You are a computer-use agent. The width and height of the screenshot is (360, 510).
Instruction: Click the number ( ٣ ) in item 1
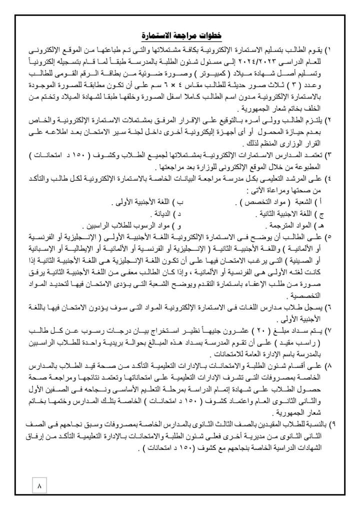point(296,84)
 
